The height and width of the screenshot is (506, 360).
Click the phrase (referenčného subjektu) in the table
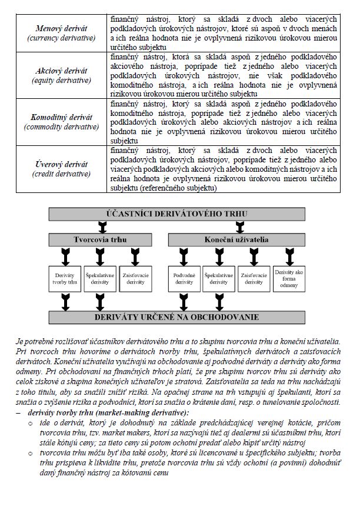click(x=178, y=188)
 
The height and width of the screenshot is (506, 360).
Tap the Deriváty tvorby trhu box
click(x=64, y=278)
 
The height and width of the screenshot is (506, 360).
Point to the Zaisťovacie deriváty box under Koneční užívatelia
click(x=254, y=278)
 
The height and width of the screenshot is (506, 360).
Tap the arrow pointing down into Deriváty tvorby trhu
click(x=64, y=256)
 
